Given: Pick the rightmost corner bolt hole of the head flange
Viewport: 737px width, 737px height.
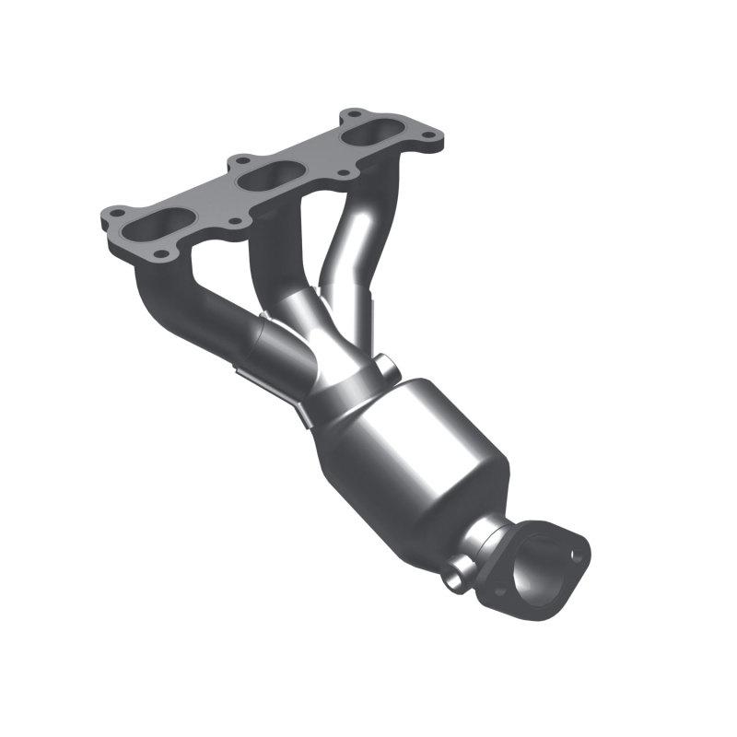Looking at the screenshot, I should tap(429, 139).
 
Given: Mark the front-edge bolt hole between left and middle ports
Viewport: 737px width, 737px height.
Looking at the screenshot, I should tap(234, 220).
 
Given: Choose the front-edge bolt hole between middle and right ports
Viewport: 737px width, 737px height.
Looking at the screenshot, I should tap(343, 172).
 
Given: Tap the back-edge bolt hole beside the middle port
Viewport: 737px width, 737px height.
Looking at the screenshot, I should tap(242, 159).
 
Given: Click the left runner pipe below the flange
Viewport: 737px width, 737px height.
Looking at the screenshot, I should tap(184, 304).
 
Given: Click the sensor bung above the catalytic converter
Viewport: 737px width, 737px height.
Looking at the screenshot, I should tap(385, 368).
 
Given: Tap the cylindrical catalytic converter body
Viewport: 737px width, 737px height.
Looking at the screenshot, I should tap(415, 451).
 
